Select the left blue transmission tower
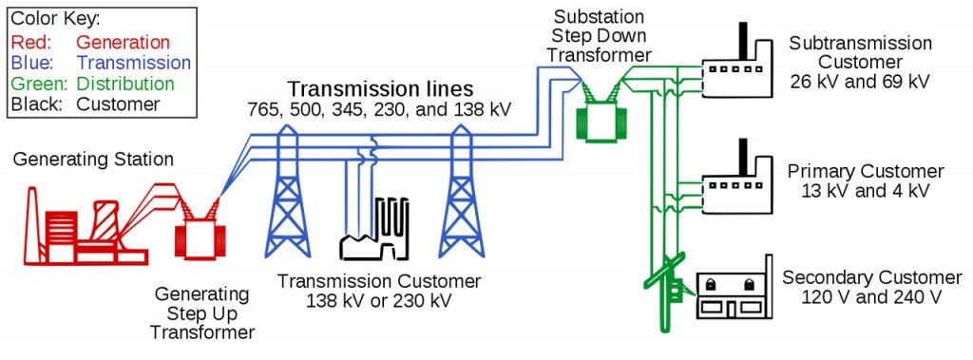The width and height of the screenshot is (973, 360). pyautogui.click(x=285, y=195)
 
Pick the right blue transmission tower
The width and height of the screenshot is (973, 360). pyautogui.click(x=462, y=195)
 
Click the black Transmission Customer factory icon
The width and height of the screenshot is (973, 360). pyautogui.click(x=374, y=233)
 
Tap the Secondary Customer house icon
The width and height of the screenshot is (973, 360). pyautogui.click(x=733, y=289)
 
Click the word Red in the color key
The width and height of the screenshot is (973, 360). pyautogui.click(x=29, y=43)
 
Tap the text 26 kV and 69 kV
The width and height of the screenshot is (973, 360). pyautogui.click(x=860, y=82)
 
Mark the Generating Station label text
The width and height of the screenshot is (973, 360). pyautogui.click(x=93, y=159)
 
